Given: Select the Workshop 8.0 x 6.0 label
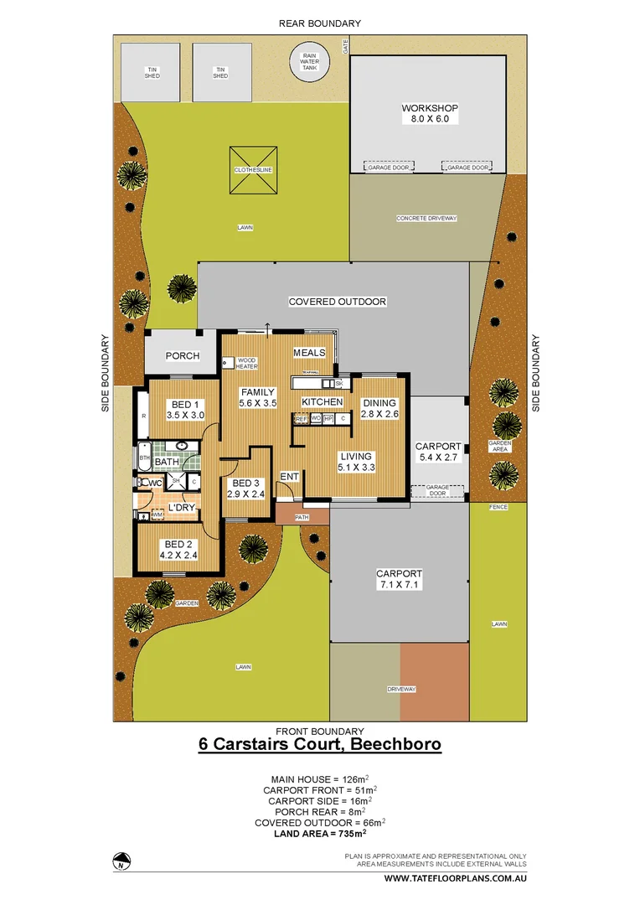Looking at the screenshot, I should tap(429, 114).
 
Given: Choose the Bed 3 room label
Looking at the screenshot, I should tap(246, 489).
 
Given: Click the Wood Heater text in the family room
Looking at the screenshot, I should tap(246, 363).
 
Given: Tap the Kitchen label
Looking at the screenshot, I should tap(323, 402).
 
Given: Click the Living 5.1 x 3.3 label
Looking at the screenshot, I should tap(355, 462).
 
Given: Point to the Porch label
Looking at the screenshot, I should tap(183, 356).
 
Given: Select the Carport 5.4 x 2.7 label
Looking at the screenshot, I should tap(439, 452).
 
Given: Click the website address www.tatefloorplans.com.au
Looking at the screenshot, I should tap(454, 879).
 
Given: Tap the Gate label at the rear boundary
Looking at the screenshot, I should tap(344, 45).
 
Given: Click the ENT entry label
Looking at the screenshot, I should tap(289, 477).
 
